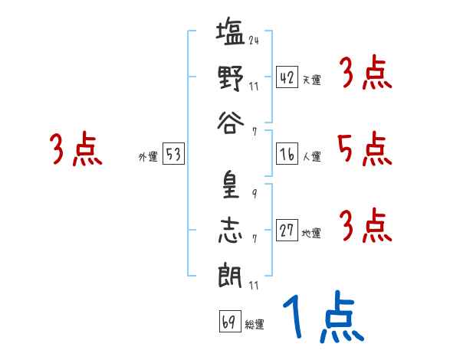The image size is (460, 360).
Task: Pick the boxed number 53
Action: [x=172, y=155]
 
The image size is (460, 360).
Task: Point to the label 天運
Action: [x=312, y=80]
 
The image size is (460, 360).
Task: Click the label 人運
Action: [x=312, y=156]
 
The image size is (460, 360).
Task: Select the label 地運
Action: [x=312, y=233]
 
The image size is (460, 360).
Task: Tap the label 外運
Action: [x=147, y=157]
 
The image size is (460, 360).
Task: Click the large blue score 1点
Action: [x=323, y=319]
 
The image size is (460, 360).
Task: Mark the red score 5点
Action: [x=365, y=149]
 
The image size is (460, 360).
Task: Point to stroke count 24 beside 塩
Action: [x=253, y=41]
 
